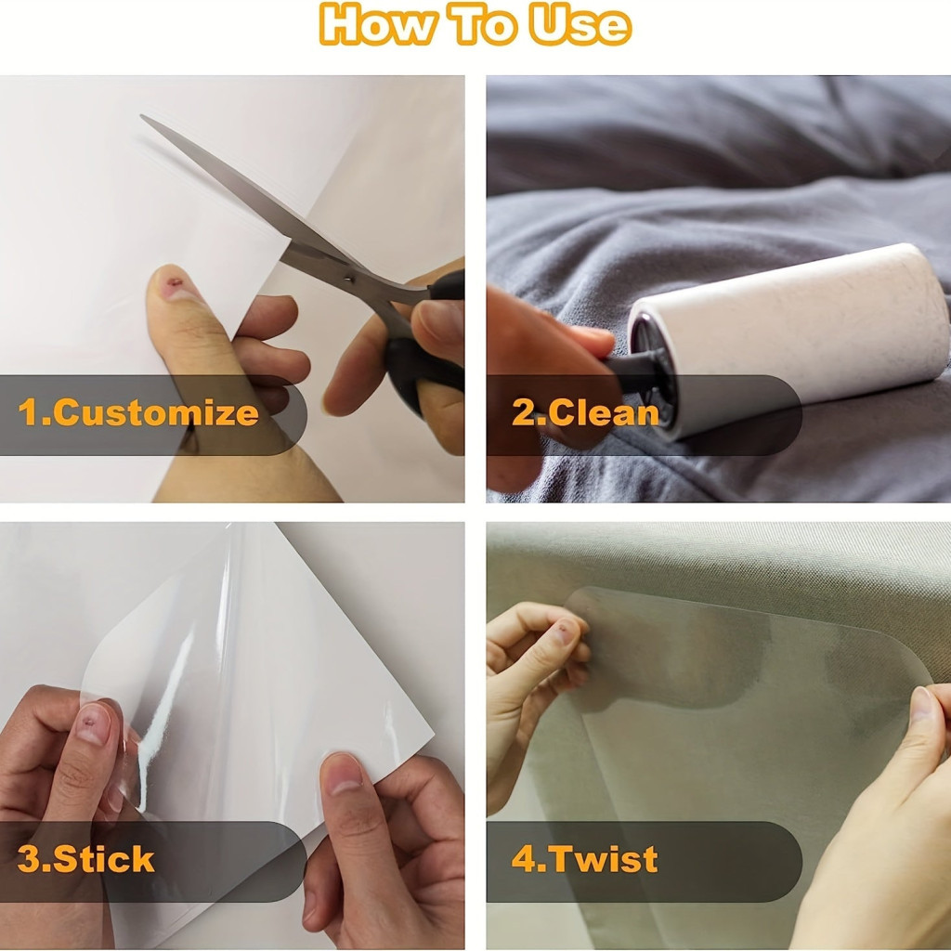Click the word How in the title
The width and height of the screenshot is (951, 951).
(377, 24)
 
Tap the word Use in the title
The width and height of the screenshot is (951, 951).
(580, 24)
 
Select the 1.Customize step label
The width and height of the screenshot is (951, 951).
(138, 413)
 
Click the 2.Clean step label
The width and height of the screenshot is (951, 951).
(585, 412)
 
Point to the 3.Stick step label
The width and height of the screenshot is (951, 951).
(85, 859)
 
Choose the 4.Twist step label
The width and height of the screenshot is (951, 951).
(585, 859)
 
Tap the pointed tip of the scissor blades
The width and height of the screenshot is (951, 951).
(141, 116)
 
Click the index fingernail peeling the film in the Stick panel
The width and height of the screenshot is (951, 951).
(94, 723)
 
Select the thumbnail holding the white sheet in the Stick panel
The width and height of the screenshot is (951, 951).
(344, 774)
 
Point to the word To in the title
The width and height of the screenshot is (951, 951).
(482, 24)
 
